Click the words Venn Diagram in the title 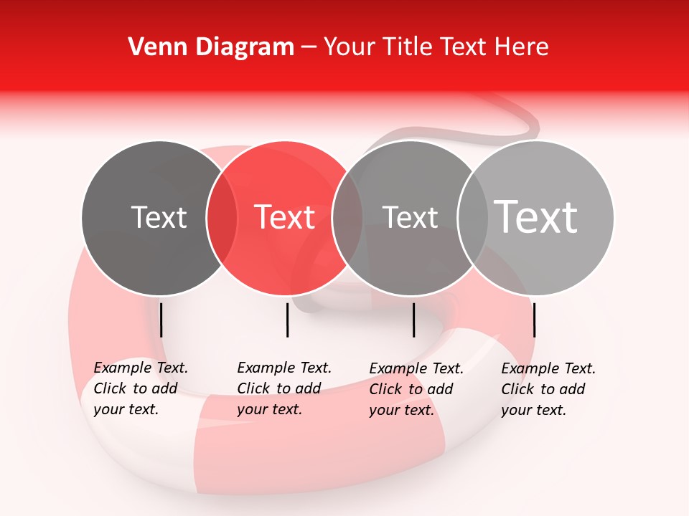pos(211,47)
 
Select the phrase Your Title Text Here pos(436,47)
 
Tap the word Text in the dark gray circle pos(159,217)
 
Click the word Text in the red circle pos(285,217)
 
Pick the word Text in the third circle pos(410,217)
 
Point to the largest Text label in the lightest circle pos(536,216)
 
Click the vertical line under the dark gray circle pos(161,320)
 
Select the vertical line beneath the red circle pos(287,320)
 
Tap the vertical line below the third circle pos(413,320)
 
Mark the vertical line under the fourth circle pos(534,320)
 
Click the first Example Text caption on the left pos(140,388)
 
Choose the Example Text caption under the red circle pos(283,388)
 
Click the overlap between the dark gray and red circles pos(222,218)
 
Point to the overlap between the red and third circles pos(347,218)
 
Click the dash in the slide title pos(309,47)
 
